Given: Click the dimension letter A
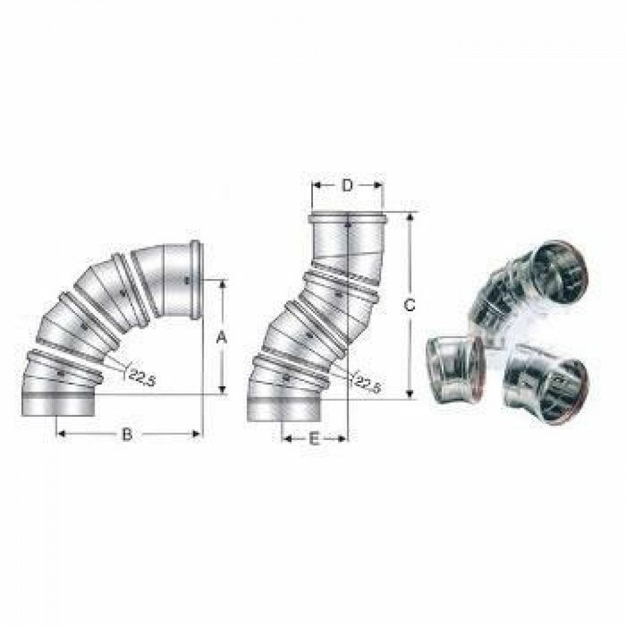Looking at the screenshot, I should point(220,338).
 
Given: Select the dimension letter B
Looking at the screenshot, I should point(126,434).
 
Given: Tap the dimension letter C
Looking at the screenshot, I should point(409,305).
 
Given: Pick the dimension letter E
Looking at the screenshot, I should point(314,439).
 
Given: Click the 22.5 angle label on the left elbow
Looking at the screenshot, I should point(142,378).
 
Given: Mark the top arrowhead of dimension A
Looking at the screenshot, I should point(223,283).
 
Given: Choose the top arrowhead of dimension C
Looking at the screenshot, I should point(411,217).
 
